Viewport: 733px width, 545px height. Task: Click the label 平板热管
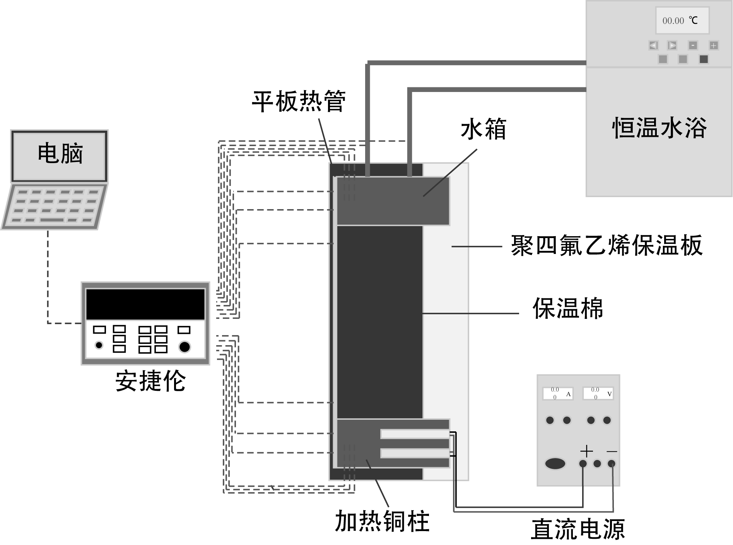coord(298,101)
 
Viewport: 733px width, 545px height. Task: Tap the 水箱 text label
coord(483,129)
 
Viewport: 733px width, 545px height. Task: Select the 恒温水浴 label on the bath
coord(659,128)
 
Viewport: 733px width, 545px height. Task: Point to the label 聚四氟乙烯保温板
coord(606,245)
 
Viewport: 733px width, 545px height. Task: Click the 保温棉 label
coord(567,308)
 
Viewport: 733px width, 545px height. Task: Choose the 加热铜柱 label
coord(382,521)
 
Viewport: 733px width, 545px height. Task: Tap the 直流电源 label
coord(578,529)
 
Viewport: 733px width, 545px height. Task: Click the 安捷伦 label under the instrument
coord(150,381)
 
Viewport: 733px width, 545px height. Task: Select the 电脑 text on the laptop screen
coord(60,153)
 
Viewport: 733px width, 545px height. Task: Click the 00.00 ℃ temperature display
coord(682,20)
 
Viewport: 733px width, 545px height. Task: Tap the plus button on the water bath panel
coord(713,46)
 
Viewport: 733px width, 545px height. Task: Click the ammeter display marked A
coord(557,394)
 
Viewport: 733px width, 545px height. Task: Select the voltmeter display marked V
coord(598,394)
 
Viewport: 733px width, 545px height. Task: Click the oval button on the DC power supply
coord(555,463)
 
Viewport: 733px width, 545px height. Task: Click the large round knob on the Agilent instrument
coord(185,347)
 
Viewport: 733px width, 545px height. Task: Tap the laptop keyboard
coord(55,206)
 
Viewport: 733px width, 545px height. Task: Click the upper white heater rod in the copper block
coord(415,434)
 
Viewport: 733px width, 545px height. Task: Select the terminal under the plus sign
coord(583,464)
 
